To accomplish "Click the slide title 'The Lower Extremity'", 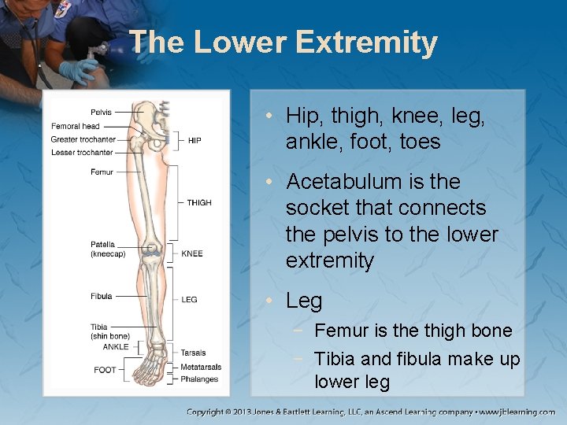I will (x=283, y=42).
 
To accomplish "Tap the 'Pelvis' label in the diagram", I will (x=101, y=113).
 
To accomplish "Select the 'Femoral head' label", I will (x=76, y=126).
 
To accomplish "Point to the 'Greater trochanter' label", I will (x=83, y=139).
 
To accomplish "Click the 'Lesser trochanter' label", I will (x=82, y=153).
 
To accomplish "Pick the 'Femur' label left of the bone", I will (x=102, y=172).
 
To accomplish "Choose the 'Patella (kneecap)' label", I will (x=107, y=249).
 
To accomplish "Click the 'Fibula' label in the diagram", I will (x=101, y=297).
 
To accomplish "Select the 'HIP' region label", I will (x=195, y=141).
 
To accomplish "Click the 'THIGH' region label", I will (x=199, y=203).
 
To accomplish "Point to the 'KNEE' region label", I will (x=192, y=254).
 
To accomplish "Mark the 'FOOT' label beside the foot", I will (x=105, y=370).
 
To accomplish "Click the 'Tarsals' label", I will (x=193, y=353).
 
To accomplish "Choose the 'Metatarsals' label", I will (x=201, y=367).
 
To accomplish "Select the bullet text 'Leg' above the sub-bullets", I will (x=304, y=301).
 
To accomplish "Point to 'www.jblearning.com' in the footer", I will (x=516, y=412).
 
